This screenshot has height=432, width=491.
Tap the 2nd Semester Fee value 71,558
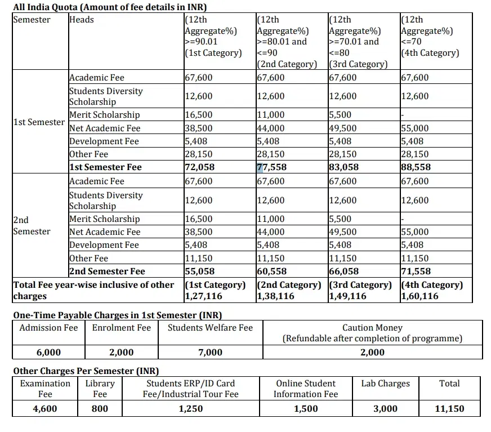[x=415, y=271]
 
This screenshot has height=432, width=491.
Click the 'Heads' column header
[x=82, y=20]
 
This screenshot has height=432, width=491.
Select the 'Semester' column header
[x=32, y=20]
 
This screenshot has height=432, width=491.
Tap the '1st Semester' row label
[x=39, y=122]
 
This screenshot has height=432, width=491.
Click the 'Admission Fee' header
[x=48, y=328]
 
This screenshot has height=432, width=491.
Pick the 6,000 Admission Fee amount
[x=48, y=353]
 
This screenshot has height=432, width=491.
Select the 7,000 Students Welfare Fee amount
[x=210, y=353]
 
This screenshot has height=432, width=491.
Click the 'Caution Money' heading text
[x=372, y=328]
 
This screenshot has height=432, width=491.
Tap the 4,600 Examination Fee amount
[x=45, y=409]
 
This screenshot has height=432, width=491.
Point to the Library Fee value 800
[x=100, y=409]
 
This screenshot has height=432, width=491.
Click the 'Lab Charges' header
[x=386, y=384]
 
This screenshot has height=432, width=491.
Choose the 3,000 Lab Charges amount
[x=386, y=409]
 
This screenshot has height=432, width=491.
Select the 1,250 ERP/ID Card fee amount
[x=190, y=409]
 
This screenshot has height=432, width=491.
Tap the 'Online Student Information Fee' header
[x=306, y=389]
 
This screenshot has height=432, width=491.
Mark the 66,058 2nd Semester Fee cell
[x=343, y=271]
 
